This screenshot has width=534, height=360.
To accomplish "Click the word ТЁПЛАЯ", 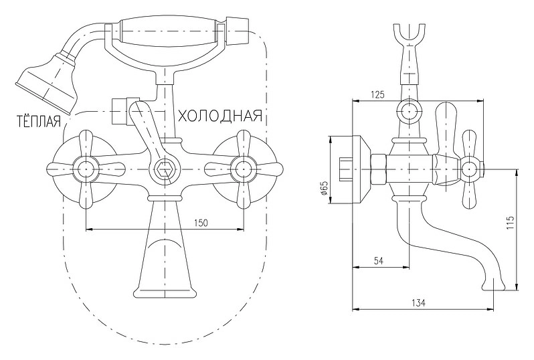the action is click(x=39, y=121).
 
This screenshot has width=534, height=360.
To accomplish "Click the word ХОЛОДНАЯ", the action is click(x=220, y=116).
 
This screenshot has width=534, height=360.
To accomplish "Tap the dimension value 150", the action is click(x=201, y=223).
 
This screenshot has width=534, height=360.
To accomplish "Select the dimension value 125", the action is click(x=377, y=94).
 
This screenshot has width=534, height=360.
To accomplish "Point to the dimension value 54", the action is click(x=379, y=261).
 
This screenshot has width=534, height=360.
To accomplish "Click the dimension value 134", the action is click(x=418, y=302).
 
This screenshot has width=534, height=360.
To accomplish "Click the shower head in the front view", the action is click(x=47, y=81).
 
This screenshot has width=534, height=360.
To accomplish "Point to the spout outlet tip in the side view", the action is click(x=493, y=286).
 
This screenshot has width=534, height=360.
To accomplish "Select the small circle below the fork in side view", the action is click(x=409, y=111).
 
